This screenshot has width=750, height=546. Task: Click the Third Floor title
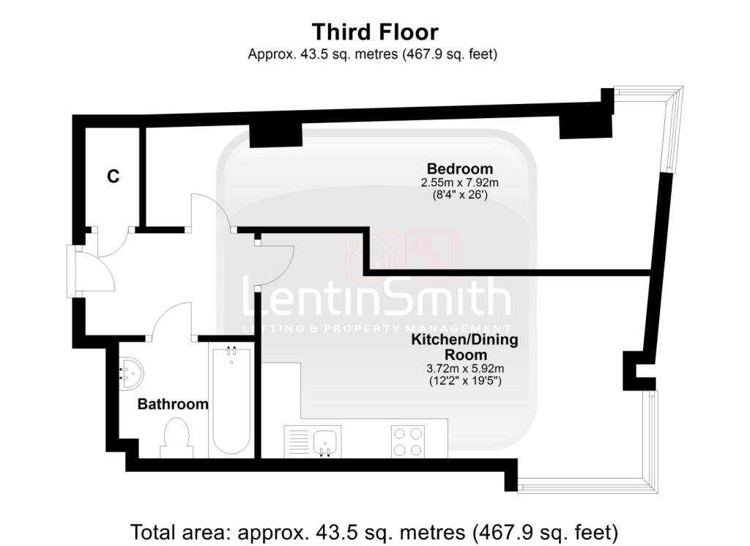click(374, 32)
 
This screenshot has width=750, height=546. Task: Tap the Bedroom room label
click(460, 168)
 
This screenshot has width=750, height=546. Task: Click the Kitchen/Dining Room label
click(464, 347)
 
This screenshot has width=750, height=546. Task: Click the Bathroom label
click(173, 404)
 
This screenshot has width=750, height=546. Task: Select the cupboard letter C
click(113, 177)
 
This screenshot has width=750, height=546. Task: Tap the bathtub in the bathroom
click(231, 401)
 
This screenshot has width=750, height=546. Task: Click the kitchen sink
click(324, 441)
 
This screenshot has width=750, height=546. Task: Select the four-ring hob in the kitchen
click(408, 441)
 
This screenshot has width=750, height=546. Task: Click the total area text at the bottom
click(374, 531)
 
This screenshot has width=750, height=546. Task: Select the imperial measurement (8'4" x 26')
click(464, 195)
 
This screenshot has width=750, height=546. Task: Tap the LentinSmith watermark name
click(376, 299)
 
